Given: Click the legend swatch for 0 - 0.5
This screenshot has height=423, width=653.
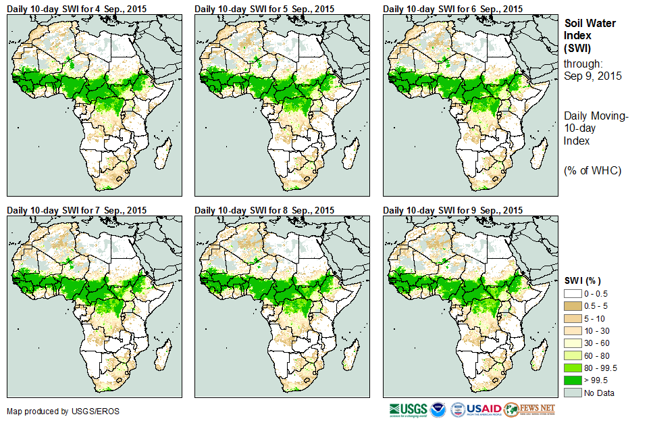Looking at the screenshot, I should [x=573, y=294].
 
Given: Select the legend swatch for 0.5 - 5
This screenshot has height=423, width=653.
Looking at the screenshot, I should [x=573, y=306].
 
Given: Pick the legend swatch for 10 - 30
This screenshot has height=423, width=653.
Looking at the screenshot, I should [x=573, y=330].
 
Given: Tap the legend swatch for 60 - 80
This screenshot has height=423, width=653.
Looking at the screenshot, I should [x=573, y=355].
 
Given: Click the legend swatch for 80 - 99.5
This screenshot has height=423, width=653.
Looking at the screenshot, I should [x=573, y=368].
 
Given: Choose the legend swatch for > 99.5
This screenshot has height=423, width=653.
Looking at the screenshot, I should [x=573, y=380].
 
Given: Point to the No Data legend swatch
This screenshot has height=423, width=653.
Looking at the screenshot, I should [x=573, y=393].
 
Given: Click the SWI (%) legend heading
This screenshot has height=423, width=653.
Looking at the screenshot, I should [x=583, y=280].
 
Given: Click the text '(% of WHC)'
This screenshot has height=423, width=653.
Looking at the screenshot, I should [x=592, y=170].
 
